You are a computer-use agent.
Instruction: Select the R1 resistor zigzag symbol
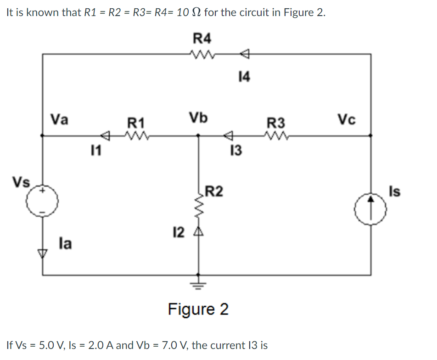[136, 135]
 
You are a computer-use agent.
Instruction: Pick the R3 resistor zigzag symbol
[275, 135]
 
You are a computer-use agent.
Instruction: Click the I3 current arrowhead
[228, 135]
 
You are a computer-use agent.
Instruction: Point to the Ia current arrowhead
[43, 252]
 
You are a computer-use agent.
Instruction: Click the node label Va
[60, 119]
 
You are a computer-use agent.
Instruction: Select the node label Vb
[198, 118]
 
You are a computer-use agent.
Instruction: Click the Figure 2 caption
[198, 309]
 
